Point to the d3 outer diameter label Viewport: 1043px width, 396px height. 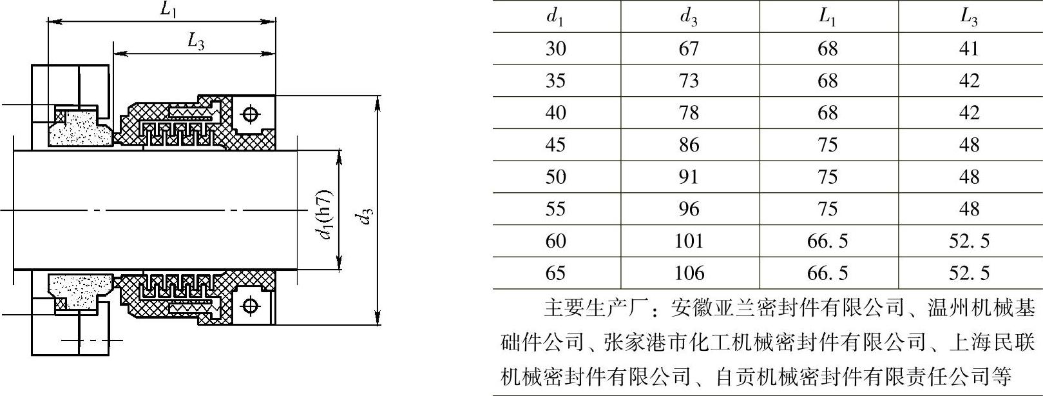pyautogui.click(x=366, y=216)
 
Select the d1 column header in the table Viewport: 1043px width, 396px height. pyautogui.click(x=555, y=17)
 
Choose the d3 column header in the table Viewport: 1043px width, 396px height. pyautogui.click(x=688, y=17)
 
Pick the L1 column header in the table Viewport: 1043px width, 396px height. pyautogui.click(x=827, y=17)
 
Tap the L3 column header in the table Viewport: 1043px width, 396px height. pyautogui.click(x=968, y=17)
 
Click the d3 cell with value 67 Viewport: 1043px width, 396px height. pyautogui.click(x=688, y=48)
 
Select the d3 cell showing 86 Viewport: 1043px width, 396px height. pyautogui.click(x=688, y=144)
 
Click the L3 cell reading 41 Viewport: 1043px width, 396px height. pyautogui.click(x=968, y=48)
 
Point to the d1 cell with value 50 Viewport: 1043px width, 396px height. pyautogui.click(x=555, y=177)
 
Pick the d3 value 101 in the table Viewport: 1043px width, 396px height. pyautogui.click(x=688, y=241)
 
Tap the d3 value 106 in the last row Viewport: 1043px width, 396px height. pyautogui.click(x=688, y=273)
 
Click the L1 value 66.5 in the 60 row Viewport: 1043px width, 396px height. pyautogui.click(x=827, y=241)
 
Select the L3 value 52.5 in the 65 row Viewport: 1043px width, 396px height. pyautogui.click(x=968, y=273)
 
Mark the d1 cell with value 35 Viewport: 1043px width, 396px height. pyautogui.click(x=555, y=81)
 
